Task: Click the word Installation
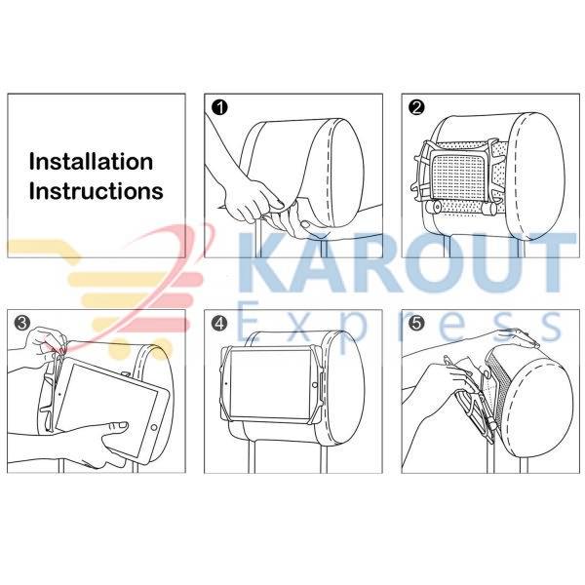pyautogui.click(x=91, y=162)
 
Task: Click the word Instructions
pyautogui.click(x=97, y=191)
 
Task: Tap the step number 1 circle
pyautogui.click(x=219, y=108)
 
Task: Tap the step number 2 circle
pyautogui.click(x=416, y=108)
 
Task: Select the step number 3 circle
pyautogui.click(x=22, y=323)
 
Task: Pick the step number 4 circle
pyautogui.click(x=219, y=323)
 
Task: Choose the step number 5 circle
pyautogui.click(x=416, y=323)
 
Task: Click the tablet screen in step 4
pyautogui.click(x=271, y=384)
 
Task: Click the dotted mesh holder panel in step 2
pyautogui.click(x=459, y=176)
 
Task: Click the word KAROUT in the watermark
pyautogui.click(x=407, y=262)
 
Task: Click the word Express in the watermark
pyautogui.click(x=399, y=327)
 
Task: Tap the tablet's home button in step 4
pyautogui.click(x=315, y=385)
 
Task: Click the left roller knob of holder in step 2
pyautogui.click(x=433, y=208)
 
